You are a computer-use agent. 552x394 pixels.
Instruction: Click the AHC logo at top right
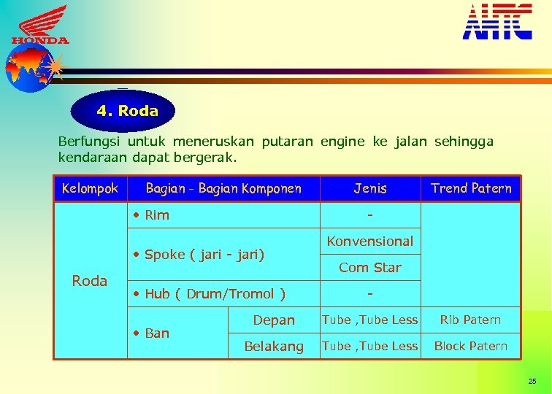coord(497,22)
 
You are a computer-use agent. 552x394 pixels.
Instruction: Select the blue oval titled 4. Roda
coord(123,112)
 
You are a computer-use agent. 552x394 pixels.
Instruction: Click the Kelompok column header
coord(90,189)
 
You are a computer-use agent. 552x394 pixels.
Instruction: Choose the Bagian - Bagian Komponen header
coord(223,189)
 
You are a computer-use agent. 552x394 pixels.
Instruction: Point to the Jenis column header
coord(370,189)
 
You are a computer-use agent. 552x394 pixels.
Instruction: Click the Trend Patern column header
coord(471,189)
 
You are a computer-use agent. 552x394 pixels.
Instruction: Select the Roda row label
coord(90,281)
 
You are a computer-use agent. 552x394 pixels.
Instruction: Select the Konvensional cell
coord(370,242)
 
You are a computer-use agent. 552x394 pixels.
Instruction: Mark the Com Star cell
coord(370,268)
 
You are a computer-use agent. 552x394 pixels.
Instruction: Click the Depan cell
coord(274,320)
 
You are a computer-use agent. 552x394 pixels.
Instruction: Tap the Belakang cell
coord(274,347)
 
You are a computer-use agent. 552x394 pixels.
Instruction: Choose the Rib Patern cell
coord(471,320)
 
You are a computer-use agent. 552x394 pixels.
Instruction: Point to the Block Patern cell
coord(471,347)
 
